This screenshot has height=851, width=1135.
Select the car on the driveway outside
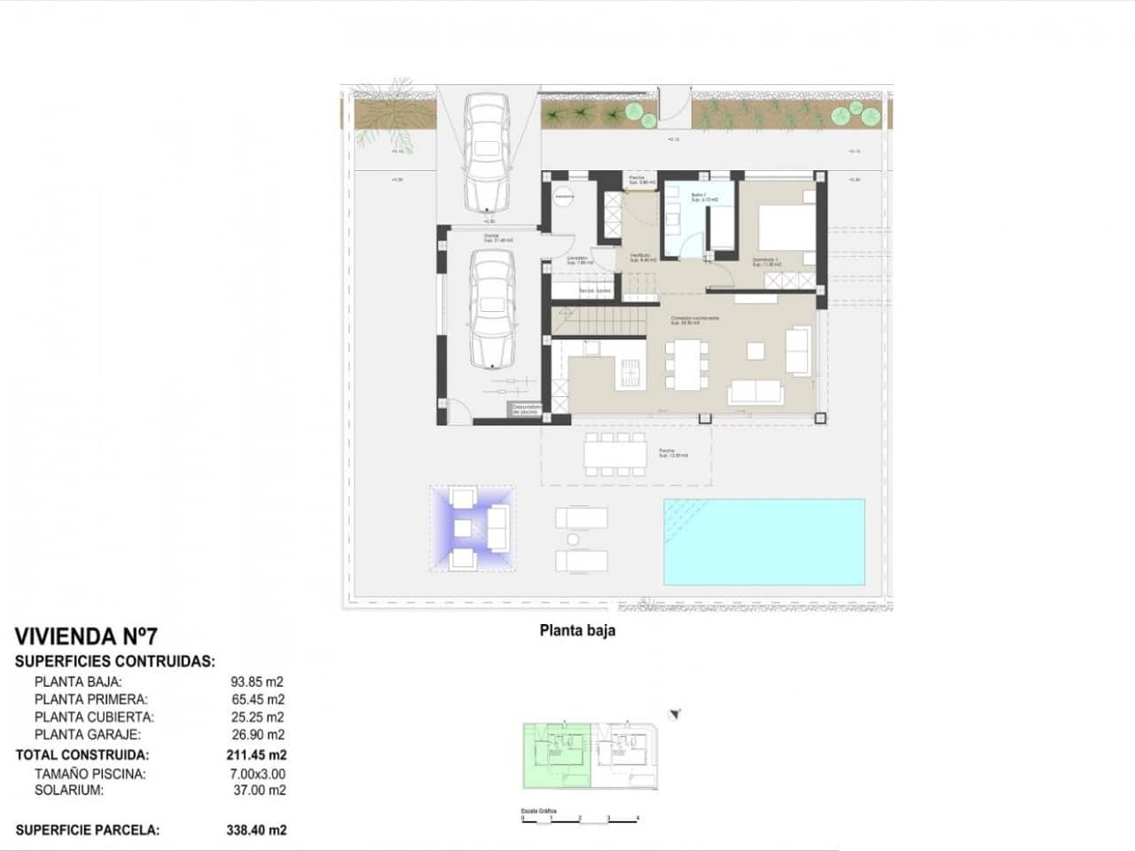click(x=487, y=151)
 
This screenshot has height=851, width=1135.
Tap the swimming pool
click(x=763, y=541)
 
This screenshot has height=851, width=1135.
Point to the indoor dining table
click(x=687, y=364)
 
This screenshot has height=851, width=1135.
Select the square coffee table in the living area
click(x=756, y=351)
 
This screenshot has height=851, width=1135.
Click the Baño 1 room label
click(x=700, y=197)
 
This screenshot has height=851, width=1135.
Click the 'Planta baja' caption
click(x=577, y=631)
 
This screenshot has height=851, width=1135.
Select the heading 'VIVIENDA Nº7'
click(x=86, y=636)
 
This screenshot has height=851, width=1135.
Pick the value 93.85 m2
click(x=257, y=682)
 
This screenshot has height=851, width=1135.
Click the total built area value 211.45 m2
click(x=257, y=755)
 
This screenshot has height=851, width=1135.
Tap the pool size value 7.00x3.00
click(x=257, y=773)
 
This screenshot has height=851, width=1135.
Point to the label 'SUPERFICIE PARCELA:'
click(x=88, y=831)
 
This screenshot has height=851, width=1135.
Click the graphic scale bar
click(x=581, y=818)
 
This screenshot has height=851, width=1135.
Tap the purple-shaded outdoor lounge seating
click(x=473, y=528)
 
